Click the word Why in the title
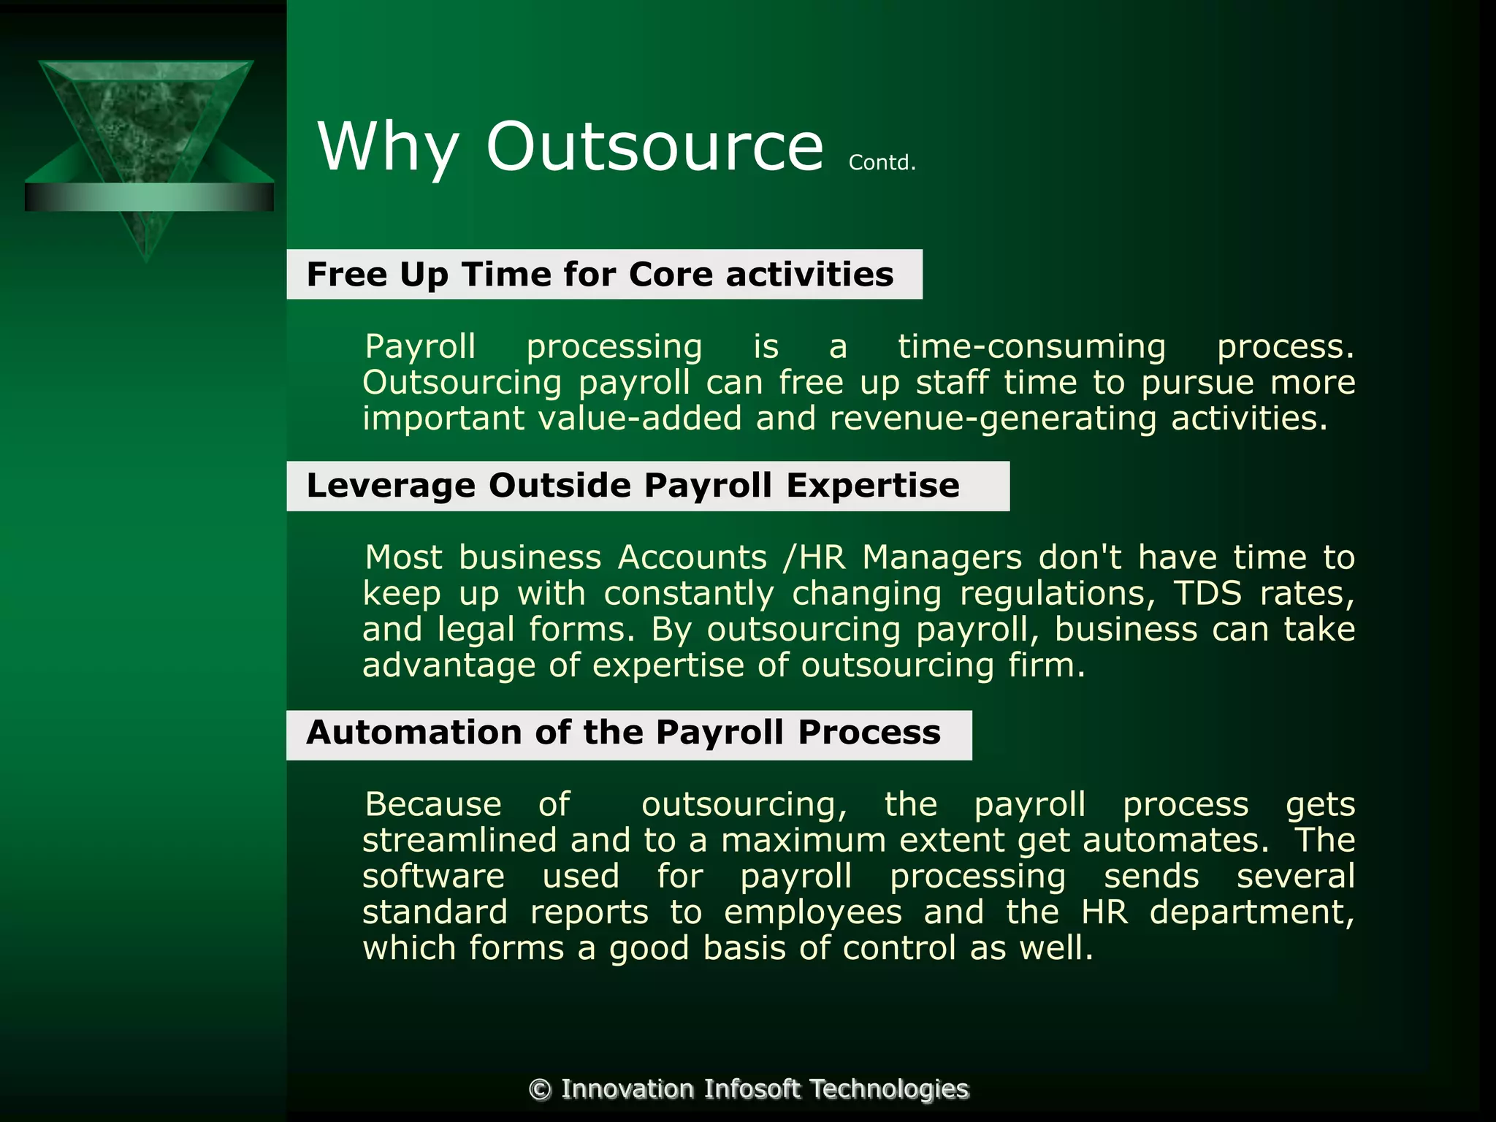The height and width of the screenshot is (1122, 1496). tap(388, 147)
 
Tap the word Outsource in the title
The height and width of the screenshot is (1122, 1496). tap(654, 147)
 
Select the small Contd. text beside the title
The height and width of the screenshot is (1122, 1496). tap(882, 162)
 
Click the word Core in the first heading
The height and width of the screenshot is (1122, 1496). tap(671, 275)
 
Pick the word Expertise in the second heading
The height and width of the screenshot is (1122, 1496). tap(873, 486)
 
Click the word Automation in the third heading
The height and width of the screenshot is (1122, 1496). tap(413, 733)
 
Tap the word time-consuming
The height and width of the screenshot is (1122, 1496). tap(1031, 346)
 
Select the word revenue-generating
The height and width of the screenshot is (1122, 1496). tap(993, 419)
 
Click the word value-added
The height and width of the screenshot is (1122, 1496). tap(641, 419)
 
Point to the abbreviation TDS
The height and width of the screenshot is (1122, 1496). tap(1207, 593)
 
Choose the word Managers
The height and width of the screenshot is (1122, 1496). tap(942, 557)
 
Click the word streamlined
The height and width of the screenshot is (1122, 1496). tap(459, 840)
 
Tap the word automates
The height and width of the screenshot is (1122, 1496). tap(1176, 840)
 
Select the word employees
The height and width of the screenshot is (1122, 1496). tap(813, 912)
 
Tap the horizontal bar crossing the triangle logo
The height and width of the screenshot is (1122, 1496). tap(149, 197)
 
